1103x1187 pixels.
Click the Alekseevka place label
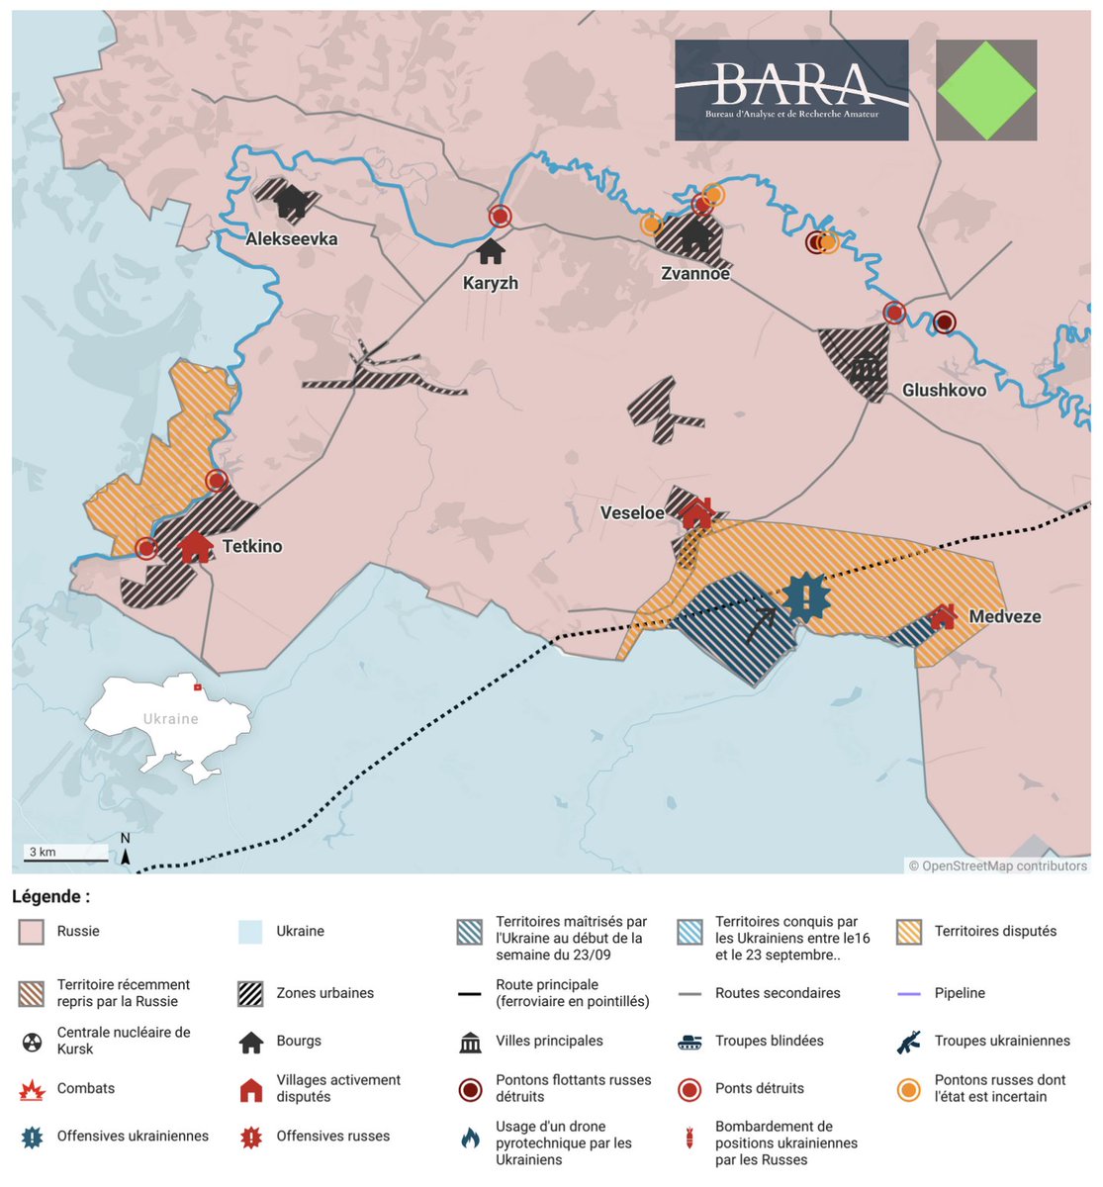click(x=291, y=238)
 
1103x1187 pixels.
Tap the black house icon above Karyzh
click(x=491, y=251)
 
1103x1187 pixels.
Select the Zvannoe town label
click(x=694, y=273)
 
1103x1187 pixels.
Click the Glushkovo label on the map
click(x=944, y=390)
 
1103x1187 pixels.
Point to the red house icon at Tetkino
click(x=195, y=546)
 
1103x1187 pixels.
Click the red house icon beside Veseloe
click(x=696, y=512)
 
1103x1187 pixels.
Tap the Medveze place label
click(x=1004, y=616)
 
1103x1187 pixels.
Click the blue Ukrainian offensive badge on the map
click(x=806, y=597)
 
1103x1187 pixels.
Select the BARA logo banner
click(x=791, y=90)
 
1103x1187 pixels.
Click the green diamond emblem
click(x=986, y=90)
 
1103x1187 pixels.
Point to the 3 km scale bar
click(x=66, y=852)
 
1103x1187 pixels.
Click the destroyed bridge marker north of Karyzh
click(x=501, y=216)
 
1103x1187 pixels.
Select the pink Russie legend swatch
click(x=32, y=932)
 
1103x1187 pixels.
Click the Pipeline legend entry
click(x=959, y=993)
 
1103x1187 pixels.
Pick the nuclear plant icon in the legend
click(x=32, y=1042)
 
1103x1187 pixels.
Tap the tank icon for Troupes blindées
click(x=689, y=1042)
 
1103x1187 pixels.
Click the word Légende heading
click(x=50, y=896)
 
